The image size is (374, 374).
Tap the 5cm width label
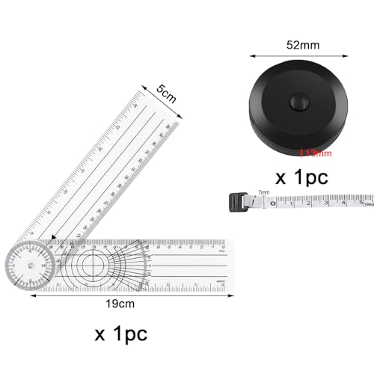[x=166, y=96]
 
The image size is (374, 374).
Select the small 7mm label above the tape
[x=262, y=193]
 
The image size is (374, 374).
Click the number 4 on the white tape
[x=343, y=201]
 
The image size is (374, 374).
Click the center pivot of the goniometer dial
[x=28, y=265]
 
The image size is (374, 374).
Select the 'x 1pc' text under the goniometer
[x=121, y=331]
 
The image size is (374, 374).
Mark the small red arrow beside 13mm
[x=301, y=153]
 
